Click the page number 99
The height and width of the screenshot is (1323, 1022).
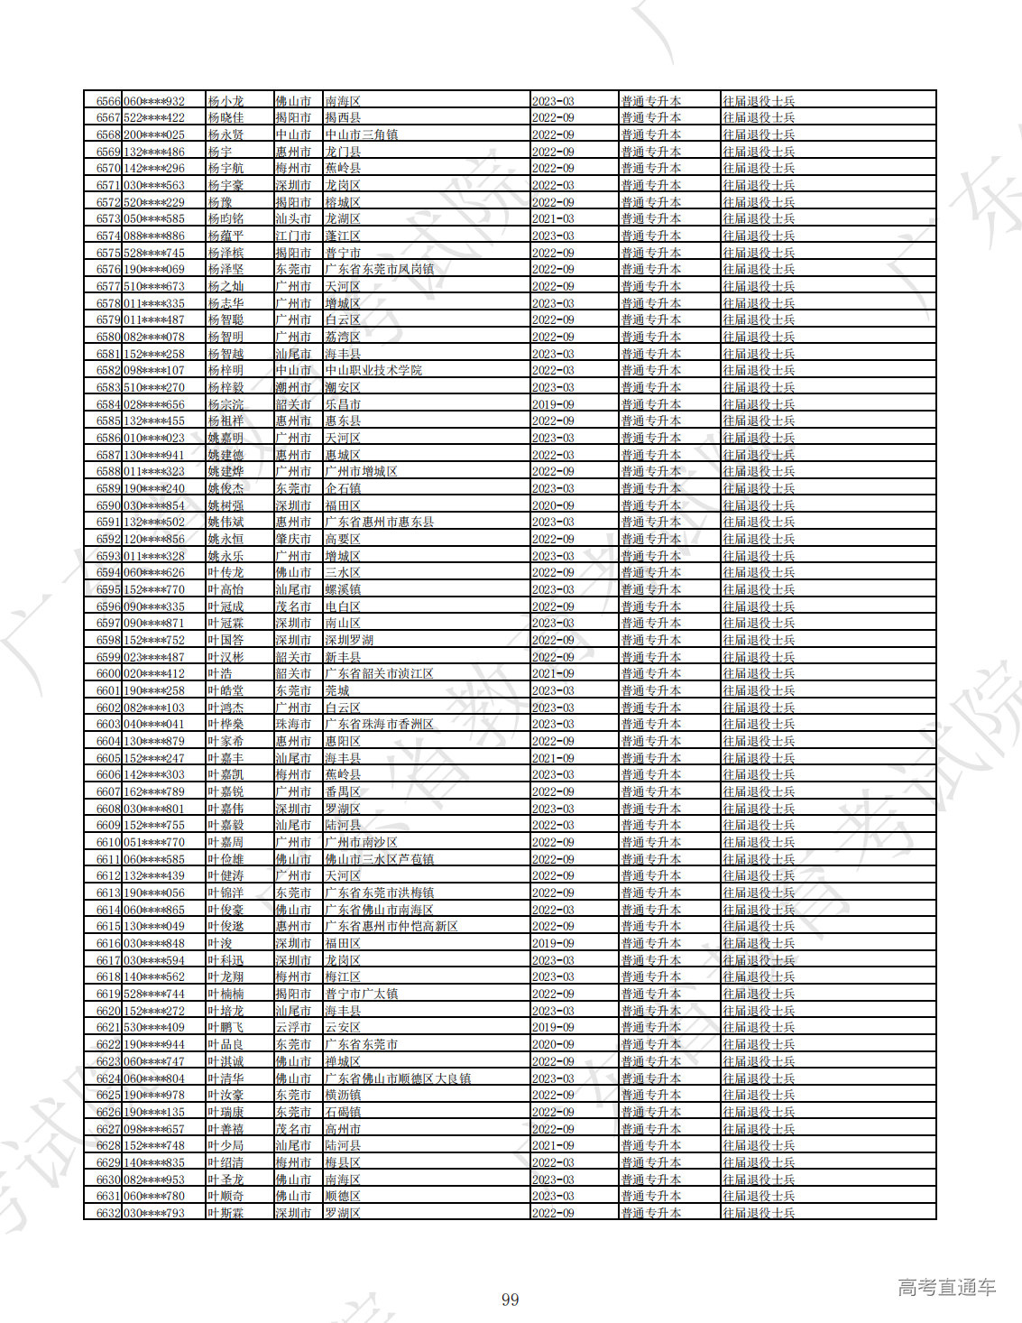pos(511,1300)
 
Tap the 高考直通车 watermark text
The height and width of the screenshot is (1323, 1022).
pos(946,1287)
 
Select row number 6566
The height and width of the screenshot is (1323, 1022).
pos(108,101)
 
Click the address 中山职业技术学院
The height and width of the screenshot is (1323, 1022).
pos(373,370)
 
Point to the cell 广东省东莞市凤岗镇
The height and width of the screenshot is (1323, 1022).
pos(379,269)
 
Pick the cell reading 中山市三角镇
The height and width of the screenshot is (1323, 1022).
pos(362,134)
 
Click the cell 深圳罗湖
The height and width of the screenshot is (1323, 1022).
pos(349,640)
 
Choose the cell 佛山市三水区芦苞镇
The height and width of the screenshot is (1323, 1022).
pos(379,859)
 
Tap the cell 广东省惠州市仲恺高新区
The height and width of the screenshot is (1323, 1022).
pos(391,926)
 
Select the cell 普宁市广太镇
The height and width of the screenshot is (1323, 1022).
pos(362,994)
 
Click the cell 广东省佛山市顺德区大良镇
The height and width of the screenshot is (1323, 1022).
pos(398,1078)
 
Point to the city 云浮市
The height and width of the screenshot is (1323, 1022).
pos(293,1027)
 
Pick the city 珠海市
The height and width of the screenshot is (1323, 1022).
pos(293,724)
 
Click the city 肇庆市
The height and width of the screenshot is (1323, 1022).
pos(293,539)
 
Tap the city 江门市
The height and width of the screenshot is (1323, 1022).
pos(293,236)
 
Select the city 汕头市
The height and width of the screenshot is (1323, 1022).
pos(293,218)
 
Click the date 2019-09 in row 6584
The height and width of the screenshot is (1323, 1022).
pos(553,404)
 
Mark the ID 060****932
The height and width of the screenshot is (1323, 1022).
pos(153,101)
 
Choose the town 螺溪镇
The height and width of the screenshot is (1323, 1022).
pos(343,589)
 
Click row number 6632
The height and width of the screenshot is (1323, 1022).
pos(108,1213)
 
